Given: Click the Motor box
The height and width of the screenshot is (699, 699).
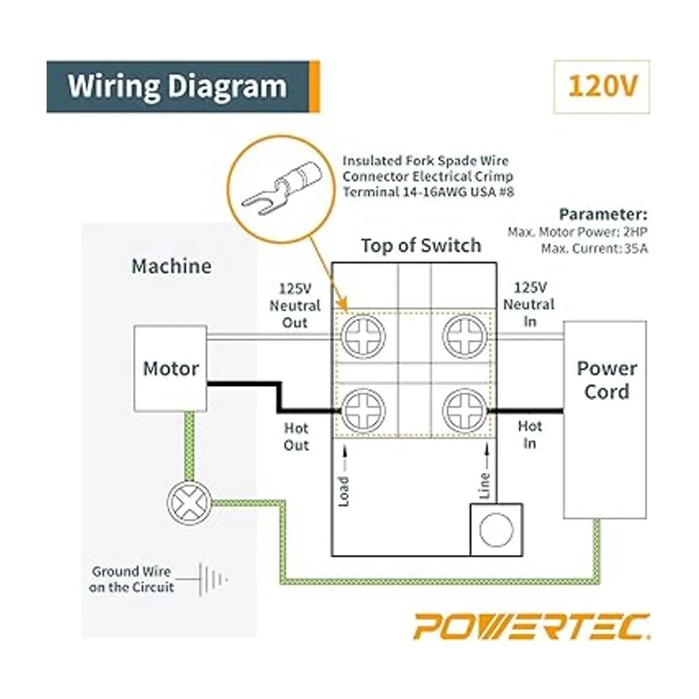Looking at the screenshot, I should [171, 368].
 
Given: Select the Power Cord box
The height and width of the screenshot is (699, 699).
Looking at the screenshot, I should [605, 419].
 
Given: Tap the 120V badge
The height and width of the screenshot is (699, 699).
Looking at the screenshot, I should [602, 86].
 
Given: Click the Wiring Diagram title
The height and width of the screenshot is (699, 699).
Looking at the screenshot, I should [177, 86].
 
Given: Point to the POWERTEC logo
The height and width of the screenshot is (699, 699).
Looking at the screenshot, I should [532, 627].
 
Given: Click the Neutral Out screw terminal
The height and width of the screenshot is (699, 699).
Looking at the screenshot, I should [363, 337].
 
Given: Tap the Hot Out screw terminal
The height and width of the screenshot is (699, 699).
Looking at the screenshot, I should [363, 410].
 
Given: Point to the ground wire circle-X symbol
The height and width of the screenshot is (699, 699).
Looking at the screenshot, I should [189, 502].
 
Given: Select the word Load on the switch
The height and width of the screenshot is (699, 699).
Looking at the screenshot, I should [344, 491].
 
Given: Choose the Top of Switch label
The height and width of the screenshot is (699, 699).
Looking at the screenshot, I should [421, 246].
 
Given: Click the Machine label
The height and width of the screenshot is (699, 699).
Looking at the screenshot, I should [171, 266].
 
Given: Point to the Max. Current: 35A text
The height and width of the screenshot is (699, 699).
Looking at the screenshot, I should [594, 249].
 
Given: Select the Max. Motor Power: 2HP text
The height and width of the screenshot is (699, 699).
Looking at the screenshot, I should [577, 232].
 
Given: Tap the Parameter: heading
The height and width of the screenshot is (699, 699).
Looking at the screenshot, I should [603, 214].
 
